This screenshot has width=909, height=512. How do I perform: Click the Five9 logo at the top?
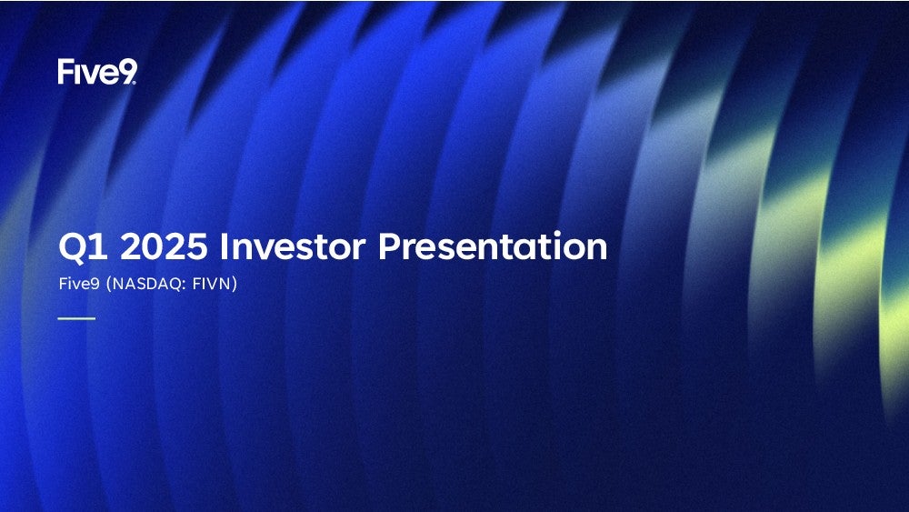click(x=97, y=71)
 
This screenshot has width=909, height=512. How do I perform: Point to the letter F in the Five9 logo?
click(x=65, y=71)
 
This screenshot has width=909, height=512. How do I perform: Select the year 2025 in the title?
click(x=164, y=246)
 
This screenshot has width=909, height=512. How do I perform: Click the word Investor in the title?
click(x=293, y=246)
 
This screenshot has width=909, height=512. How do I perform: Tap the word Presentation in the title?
click(x=492, y=246)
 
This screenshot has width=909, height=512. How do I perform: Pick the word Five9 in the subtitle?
click(x=79, y=284)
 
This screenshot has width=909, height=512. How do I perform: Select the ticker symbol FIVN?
click(x=212, y=284)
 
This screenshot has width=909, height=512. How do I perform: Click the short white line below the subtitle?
click(x=76, y=318)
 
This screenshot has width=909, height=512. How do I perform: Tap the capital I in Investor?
click(x=223, y=246)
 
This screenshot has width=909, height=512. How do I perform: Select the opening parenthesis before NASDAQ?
click(x=109, y=284)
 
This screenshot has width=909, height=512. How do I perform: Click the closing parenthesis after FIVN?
click(x=235, y=284)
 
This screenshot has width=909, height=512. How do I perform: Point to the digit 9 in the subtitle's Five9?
click(x=95, y=284)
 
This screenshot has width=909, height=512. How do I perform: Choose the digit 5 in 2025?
click(x=197, y=246)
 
